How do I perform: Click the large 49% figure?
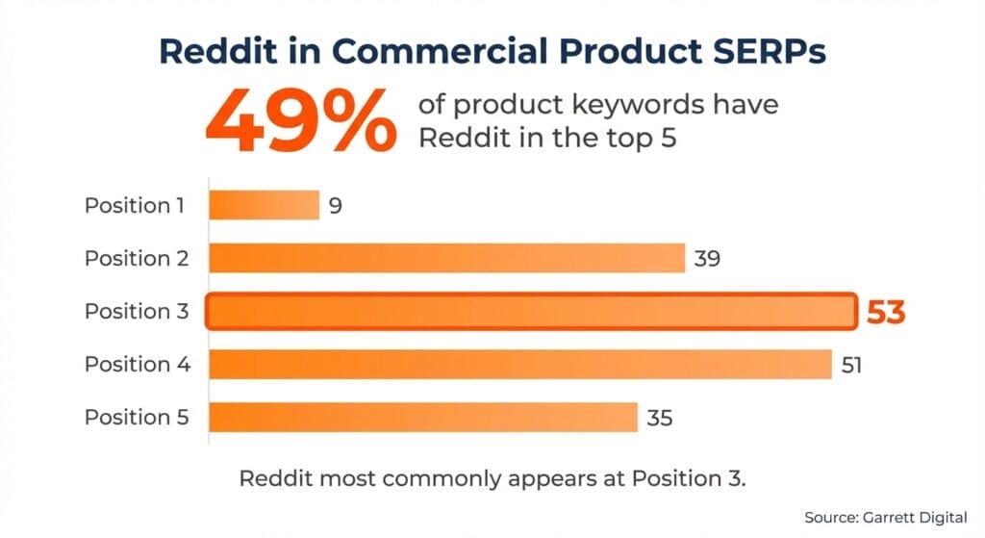coord(299,120)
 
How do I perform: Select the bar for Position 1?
coord(265,205)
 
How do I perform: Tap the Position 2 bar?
coord(447,258)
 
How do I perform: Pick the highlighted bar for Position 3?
coord(531,312)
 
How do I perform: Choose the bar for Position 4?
coord(520,365)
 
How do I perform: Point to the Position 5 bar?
coord(424,418)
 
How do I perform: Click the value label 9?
coord(336,206)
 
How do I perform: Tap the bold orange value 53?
coord(886,313)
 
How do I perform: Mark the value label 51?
coord(852,366)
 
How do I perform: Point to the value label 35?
coord(659,419)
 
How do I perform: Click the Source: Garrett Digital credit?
coord(885,518)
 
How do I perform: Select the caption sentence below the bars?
coord(492,478)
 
